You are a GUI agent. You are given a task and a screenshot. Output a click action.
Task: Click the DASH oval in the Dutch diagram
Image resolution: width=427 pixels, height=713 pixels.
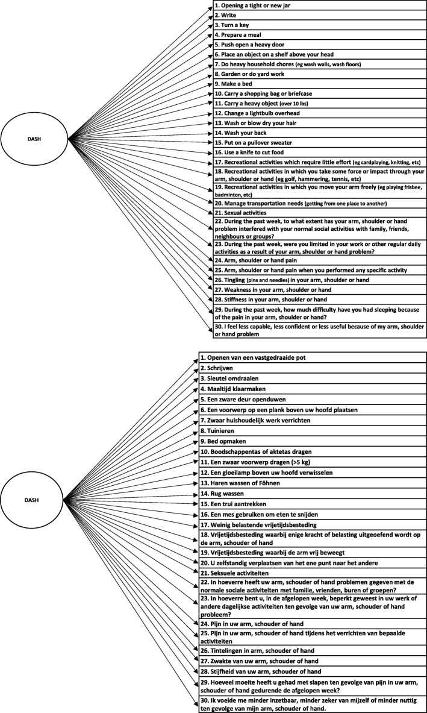[x=35, y=499]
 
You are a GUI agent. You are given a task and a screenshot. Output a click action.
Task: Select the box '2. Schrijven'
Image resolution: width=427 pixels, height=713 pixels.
[x=313, y=368]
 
